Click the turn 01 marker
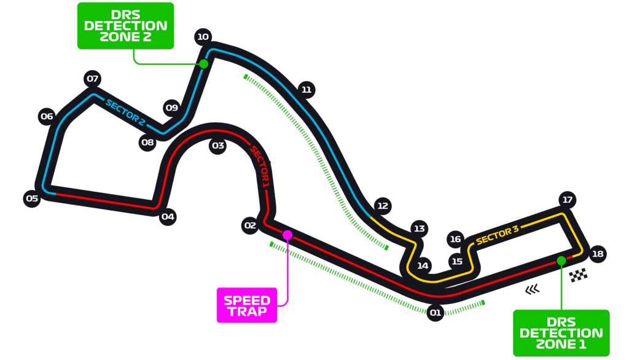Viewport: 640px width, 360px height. pyautogui.click(x=435, y=313)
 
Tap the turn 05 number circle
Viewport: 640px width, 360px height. pyautogui.click(x=32, y=199)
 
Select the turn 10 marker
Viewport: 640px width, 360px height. pyautogui.click(x=203, y=37)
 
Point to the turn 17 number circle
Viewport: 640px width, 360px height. pyautogui.click(x=568, y=200)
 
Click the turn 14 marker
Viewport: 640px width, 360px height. pyautogui.click(x=423, y=266)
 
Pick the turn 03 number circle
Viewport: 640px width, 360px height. pyautogui.click(x=218, y=146)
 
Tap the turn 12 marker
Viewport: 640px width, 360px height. pyautogui.click(x=383, y=206)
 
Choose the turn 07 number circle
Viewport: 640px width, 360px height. pyautogui.click(x=93, y=79)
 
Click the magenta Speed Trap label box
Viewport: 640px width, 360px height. pyautogui.click(x=247, y=305)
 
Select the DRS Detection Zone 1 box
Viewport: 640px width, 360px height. pyautogui.click(x=561, y=333)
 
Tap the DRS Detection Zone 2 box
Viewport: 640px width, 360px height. pyautogui.click(x=126, y=26)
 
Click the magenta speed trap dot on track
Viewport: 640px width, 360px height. pyautogui.click(x=287, y=235)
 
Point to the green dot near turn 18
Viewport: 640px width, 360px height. pyautogui.click(x=561, y=260)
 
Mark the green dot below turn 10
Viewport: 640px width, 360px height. pyautogui.click(x=204, y=64)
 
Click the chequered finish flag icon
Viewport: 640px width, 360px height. pyautogui.click(x=579, y=275)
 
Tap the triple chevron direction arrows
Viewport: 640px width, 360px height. pyautogui.click(x=533, y=289)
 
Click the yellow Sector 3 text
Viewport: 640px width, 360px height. pyautogui.click(x=497, y=235)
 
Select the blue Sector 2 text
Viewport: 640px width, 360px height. pyautogui.click(x=125, y=112)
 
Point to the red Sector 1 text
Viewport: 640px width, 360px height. pyautogui.click(x=260, y=166)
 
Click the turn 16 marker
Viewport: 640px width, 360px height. pyautogui.click(x=456, y=239)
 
